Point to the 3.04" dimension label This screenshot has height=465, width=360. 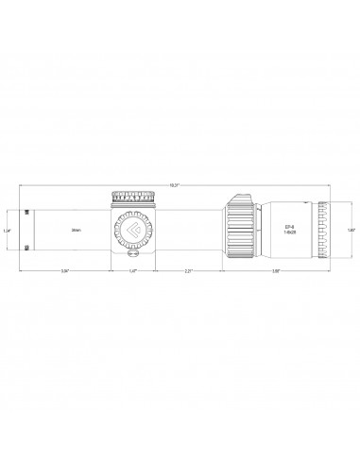[x=64, y=271]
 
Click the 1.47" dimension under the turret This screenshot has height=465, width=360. [x=132, y=271]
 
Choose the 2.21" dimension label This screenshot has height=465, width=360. [x=188, y=271]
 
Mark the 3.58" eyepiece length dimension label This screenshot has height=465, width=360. [x=275, y=271]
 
